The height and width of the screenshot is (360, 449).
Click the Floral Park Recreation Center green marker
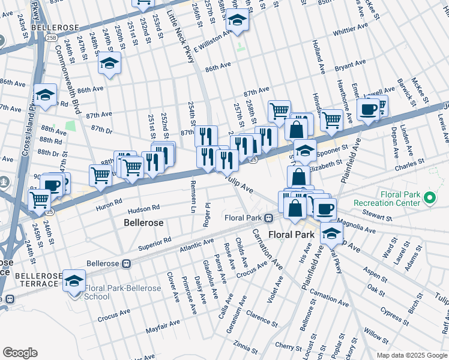[x=430, y=197]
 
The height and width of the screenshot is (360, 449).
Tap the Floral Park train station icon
[x=270, y=217]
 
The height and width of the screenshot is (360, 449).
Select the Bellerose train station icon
[x=127, y=263]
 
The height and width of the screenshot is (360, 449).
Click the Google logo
[x=20, y=352]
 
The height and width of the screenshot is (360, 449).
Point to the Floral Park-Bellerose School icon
[x=74, y=281]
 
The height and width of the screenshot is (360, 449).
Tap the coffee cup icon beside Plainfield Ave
[x=367, y=109]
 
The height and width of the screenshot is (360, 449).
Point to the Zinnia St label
[x=247, y=346]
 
